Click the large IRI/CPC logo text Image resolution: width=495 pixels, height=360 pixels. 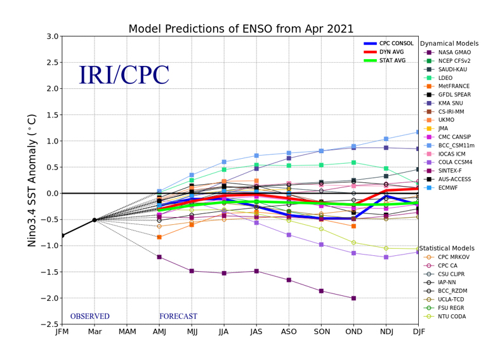124,76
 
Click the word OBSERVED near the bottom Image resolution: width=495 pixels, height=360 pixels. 89,316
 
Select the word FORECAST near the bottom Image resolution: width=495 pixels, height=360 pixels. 178,316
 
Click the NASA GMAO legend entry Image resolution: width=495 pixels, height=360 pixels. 454,52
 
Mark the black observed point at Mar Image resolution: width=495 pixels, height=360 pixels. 95,220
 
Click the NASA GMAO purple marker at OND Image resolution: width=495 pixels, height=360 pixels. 353,298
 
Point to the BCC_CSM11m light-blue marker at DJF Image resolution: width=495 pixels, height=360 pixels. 418,132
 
